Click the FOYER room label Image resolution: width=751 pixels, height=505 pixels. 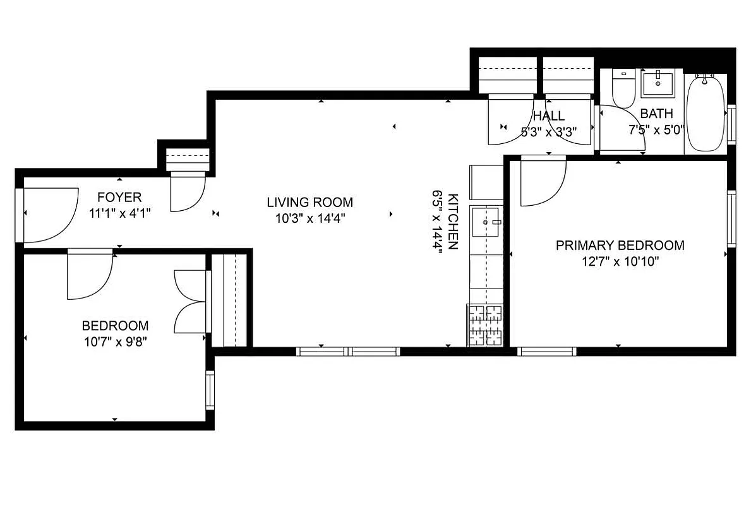[119, 197]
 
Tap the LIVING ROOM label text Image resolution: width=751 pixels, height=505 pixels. [309, 203]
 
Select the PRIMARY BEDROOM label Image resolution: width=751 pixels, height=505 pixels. [620, 246]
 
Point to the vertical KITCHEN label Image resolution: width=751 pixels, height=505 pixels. [452, 221]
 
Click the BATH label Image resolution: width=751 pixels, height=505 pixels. [656, 114]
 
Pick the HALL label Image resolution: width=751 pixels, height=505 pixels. [548, 116]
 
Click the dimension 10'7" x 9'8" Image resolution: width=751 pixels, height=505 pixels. [115, 342]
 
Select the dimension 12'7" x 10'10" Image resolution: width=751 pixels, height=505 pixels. [620, 261]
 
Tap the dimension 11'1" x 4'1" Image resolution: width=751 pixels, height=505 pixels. [119, 213]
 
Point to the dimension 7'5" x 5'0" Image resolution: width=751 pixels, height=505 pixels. [656, 131]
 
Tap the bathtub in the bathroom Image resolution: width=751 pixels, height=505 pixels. [706, 112]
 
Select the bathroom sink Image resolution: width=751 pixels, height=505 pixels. [658, 83]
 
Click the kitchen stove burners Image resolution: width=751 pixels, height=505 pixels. [484, 325]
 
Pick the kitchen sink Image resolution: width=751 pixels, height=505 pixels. [486, 223]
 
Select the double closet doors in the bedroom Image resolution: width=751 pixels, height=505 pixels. [191, 301]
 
